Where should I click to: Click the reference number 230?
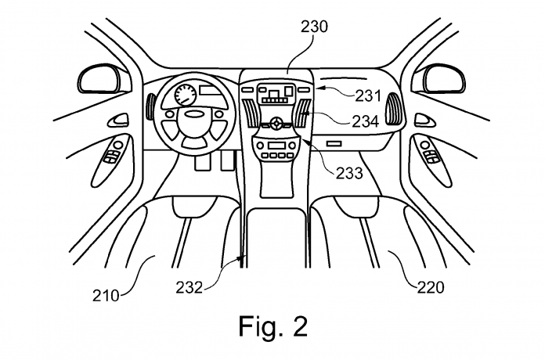click(314, 27)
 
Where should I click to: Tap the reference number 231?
click(368, 96)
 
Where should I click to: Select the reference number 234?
click(366, 121)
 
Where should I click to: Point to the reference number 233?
click(349, 173)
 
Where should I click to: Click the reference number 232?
click(189, 287)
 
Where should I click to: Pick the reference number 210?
click(105, 296)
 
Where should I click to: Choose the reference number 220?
click(431, 287)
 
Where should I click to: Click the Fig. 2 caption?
click(273, 326)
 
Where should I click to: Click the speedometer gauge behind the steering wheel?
click(185, 95)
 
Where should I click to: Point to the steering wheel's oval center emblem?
click(193, 113)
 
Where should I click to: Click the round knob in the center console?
click(276, 123)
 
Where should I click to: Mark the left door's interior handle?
click(117, 121)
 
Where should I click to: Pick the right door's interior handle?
click(424, 120)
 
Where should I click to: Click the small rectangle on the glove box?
click(334, 143)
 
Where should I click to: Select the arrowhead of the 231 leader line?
click(317, 88)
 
